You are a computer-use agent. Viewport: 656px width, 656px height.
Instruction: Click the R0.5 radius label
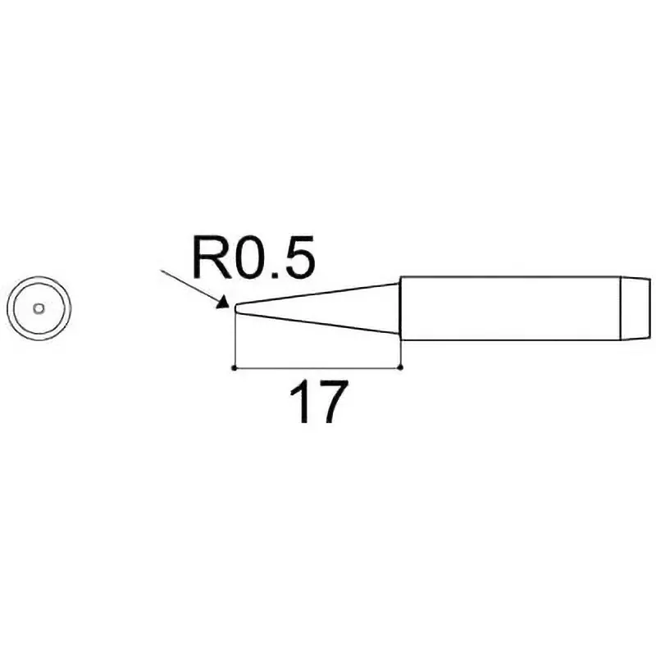pos(253,258)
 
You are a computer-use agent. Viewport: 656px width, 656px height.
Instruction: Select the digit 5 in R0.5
pos(297,258)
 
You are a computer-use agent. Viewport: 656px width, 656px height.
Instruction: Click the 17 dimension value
pos(314,402)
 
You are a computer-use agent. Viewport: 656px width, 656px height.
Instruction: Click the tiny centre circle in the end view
pos(39,309)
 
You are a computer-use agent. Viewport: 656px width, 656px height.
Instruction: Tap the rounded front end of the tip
pos(236,310)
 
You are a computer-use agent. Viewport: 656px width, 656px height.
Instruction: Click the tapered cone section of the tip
pos(320,310)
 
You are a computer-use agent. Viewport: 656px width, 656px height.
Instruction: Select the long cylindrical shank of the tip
pos(508,309)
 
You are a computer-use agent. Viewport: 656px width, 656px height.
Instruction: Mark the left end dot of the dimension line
pos(235,368)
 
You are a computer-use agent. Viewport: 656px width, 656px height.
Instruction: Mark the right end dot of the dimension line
pos(400,368)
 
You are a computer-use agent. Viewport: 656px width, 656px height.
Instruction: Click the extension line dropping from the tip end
pos(235,340)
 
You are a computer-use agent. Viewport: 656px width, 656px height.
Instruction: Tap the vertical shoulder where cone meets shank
pos(400,309)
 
